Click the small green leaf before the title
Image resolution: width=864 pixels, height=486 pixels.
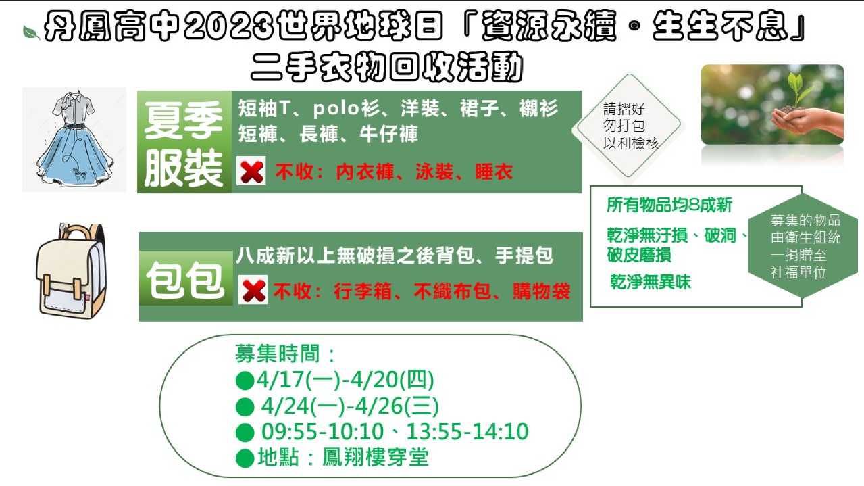point(31,32)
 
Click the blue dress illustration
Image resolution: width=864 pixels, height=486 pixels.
point(74,139)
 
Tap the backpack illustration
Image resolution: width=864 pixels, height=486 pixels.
point(70,271)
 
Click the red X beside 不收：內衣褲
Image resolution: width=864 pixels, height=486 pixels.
point(251,171)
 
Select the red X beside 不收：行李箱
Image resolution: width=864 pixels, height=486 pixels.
point(253,290)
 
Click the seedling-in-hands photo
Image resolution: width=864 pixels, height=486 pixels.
point(772,105)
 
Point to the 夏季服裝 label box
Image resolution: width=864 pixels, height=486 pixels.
point(184,142)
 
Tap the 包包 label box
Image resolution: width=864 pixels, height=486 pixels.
point(186,278)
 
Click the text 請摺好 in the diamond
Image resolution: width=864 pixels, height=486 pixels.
point(624,109)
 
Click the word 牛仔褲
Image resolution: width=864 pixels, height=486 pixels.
point(389,134)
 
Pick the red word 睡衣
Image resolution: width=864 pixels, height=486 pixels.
point(494,172)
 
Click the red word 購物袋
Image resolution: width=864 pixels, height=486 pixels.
point(542,291)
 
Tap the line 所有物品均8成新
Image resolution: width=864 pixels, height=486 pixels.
point(669,205)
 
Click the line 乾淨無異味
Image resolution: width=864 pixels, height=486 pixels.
point(651,281)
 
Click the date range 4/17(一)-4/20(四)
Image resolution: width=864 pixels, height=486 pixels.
point(345,380)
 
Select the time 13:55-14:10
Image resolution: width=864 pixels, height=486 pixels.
point(467,431)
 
